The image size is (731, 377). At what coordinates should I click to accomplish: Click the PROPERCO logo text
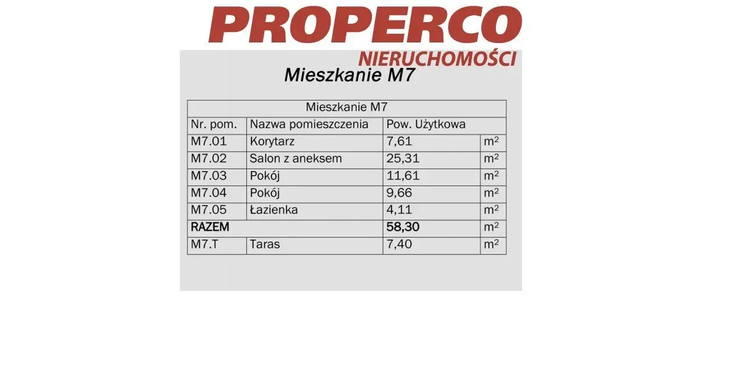[365, 25]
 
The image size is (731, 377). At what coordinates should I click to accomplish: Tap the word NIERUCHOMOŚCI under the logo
[437, 59]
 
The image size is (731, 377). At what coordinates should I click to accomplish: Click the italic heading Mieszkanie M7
[349, 76]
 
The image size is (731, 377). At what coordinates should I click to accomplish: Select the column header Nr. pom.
[214, 125]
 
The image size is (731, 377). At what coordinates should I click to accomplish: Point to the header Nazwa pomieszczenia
[309, 125]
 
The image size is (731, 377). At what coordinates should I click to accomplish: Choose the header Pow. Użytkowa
[426, 125]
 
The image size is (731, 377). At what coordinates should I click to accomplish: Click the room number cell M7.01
[209, 141]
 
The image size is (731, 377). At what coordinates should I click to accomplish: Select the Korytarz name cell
[272, 141]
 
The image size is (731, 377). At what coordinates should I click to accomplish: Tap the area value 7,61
[399, 141]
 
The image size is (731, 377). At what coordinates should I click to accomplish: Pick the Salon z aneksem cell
[296, 159]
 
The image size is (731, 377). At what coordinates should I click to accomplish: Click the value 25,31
[403, 159]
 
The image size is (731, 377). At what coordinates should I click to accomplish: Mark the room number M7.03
[209, 176]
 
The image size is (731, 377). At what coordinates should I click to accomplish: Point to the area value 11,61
[403, 176]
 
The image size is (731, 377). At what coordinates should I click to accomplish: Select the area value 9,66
[399, 193]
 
